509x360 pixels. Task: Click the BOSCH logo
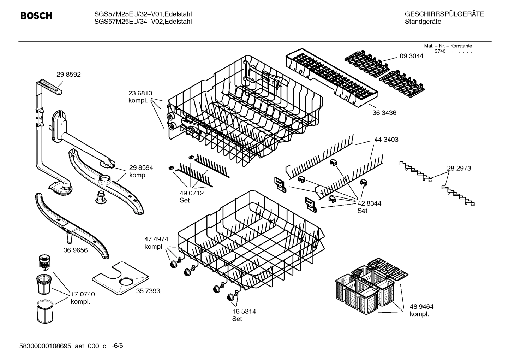(36, 16)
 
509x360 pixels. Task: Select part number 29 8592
(68, 75)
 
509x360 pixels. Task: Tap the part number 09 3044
(411, 56)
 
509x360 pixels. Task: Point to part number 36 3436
(384, 113)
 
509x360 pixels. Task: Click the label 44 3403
(386, 140)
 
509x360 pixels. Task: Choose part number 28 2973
(459, 168)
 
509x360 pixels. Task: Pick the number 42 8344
(369, 203)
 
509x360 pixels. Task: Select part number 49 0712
(192, 193)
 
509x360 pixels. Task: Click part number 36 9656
(76, 250)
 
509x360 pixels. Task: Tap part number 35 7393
(148, 291)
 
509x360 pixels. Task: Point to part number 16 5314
(244, 312)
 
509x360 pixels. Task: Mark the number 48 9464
(421, 307)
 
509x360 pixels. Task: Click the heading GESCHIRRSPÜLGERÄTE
(444, 14)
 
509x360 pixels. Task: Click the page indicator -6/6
(117, 346)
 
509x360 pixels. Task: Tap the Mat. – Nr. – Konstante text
(448, 46)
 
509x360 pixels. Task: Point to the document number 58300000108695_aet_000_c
(62, 346)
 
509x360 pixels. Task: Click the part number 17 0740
(83, 294)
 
